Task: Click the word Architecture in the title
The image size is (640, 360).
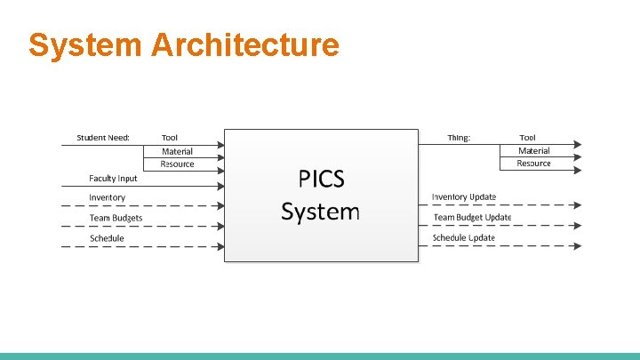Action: (245, 44)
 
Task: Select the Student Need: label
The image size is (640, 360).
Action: (103, 137)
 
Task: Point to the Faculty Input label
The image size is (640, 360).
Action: (113, 179)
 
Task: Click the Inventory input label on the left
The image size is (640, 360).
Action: (107, 197)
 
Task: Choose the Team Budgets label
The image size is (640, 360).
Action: (116, 218)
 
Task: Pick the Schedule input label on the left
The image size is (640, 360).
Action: (107, 238)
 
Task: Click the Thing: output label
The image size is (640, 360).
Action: (459, 137)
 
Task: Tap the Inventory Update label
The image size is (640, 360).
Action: (464, 196)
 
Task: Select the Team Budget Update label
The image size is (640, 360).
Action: (472, 217)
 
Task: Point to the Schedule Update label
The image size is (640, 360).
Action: (464, 237)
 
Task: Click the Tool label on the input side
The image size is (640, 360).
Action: (169, 137)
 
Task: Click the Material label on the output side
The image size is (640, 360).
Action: (533, 151)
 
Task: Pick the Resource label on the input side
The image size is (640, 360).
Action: (177, 164)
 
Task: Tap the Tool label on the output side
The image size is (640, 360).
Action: (527, 137)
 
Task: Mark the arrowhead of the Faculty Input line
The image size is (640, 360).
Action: (220, 186)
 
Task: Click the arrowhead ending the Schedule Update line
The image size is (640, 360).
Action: (578, 245)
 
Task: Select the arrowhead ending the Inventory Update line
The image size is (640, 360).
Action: (578, 204)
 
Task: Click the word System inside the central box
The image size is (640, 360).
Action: (320, 212)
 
